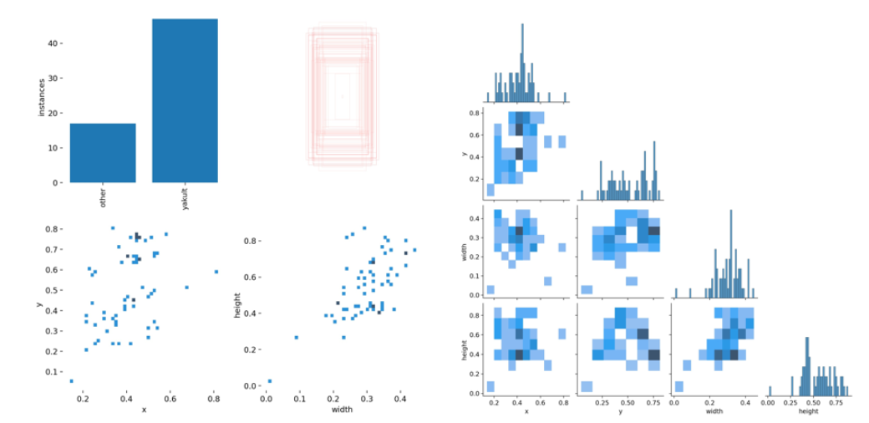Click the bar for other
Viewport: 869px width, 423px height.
tap(103, 153)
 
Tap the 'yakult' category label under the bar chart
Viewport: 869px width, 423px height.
tap(185, 199)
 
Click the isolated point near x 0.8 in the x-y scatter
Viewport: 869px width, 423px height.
tap(216, 272)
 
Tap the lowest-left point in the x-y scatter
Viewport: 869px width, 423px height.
tap(72, 381)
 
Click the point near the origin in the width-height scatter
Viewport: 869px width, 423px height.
tap(269, 381)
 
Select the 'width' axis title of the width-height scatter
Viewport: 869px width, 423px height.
tap(341, 410)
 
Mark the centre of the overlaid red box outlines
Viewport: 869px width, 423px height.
tap(342, 97)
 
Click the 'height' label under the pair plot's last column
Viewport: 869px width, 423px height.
tap(807, 411)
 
